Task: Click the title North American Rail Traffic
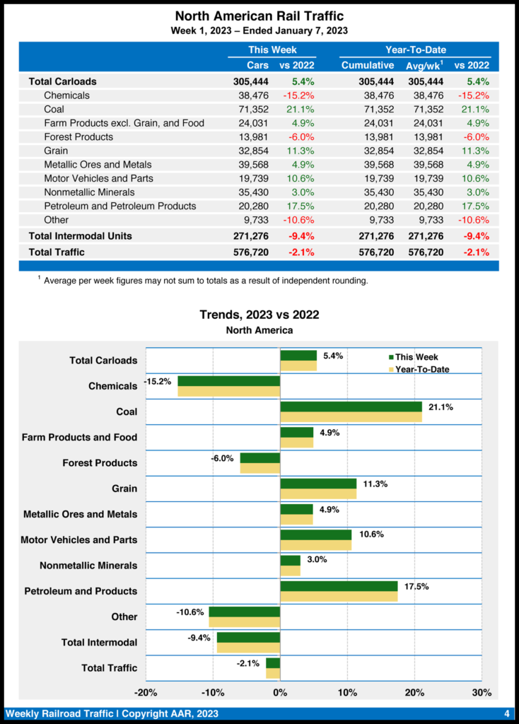pos(259,16)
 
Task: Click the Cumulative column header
pos(367,65)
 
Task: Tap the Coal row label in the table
pos(54,109)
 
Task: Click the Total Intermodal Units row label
pos(80,235)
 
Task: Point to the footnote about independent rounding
pos(205,281)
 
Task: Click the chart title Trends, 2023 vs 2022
pos(259,315)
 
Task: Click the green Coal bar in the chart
pos(351,407)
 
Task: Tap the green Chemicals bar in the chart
pos(228,381)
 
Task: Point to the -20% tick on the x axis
pos(146,691)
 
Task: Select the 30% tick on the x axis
pos(482,691)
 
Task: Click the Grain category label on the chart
pos(124,489)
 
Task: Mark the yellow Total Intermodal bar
pos(248,648)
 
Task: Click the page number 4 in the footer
pos(506,713)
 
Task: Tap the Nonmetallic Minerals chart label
pos(88,566)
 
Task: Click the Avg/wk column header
pos(424,65)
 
